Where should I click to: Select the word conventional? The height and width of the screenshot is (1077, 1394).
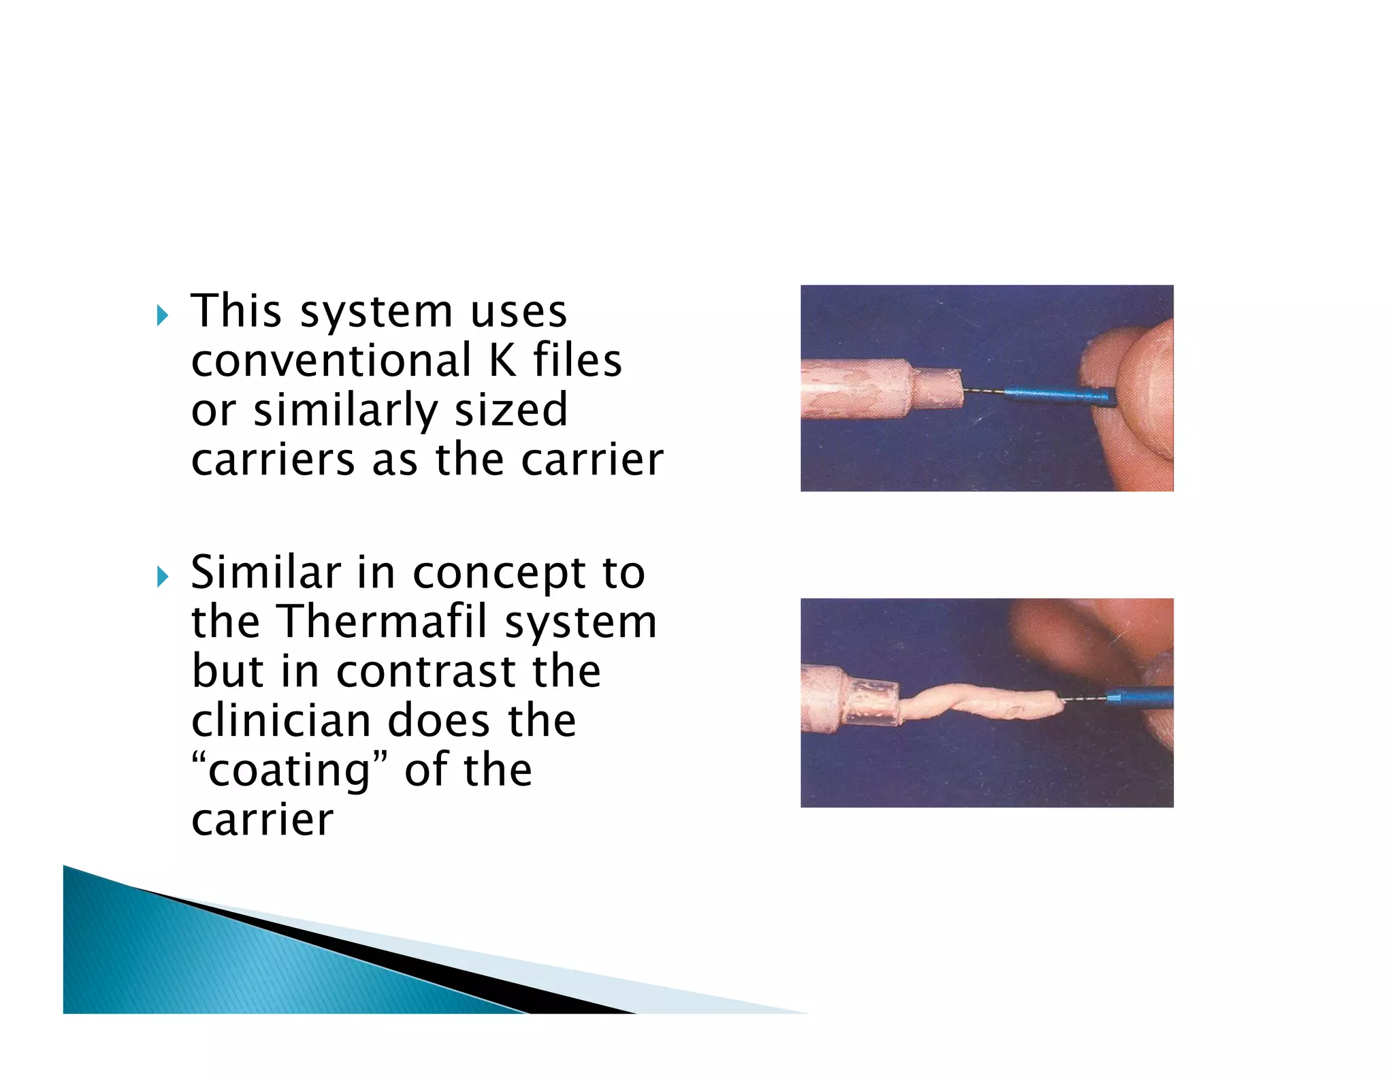click(331, 360)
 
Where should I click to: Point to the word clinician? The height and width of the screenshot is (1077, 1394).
click(280, 721)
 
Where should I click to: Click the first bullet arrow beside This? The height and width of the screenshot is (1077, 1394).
click(162, 315)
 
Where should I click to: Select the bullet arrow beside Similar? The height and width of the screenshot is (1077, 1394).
click(162, 577)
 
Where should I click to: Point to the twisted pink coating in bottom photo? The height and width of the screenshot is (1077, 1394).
click(980, 703)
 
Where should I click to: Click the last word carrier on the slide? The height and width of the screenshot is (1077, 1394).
click(263, 820)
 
